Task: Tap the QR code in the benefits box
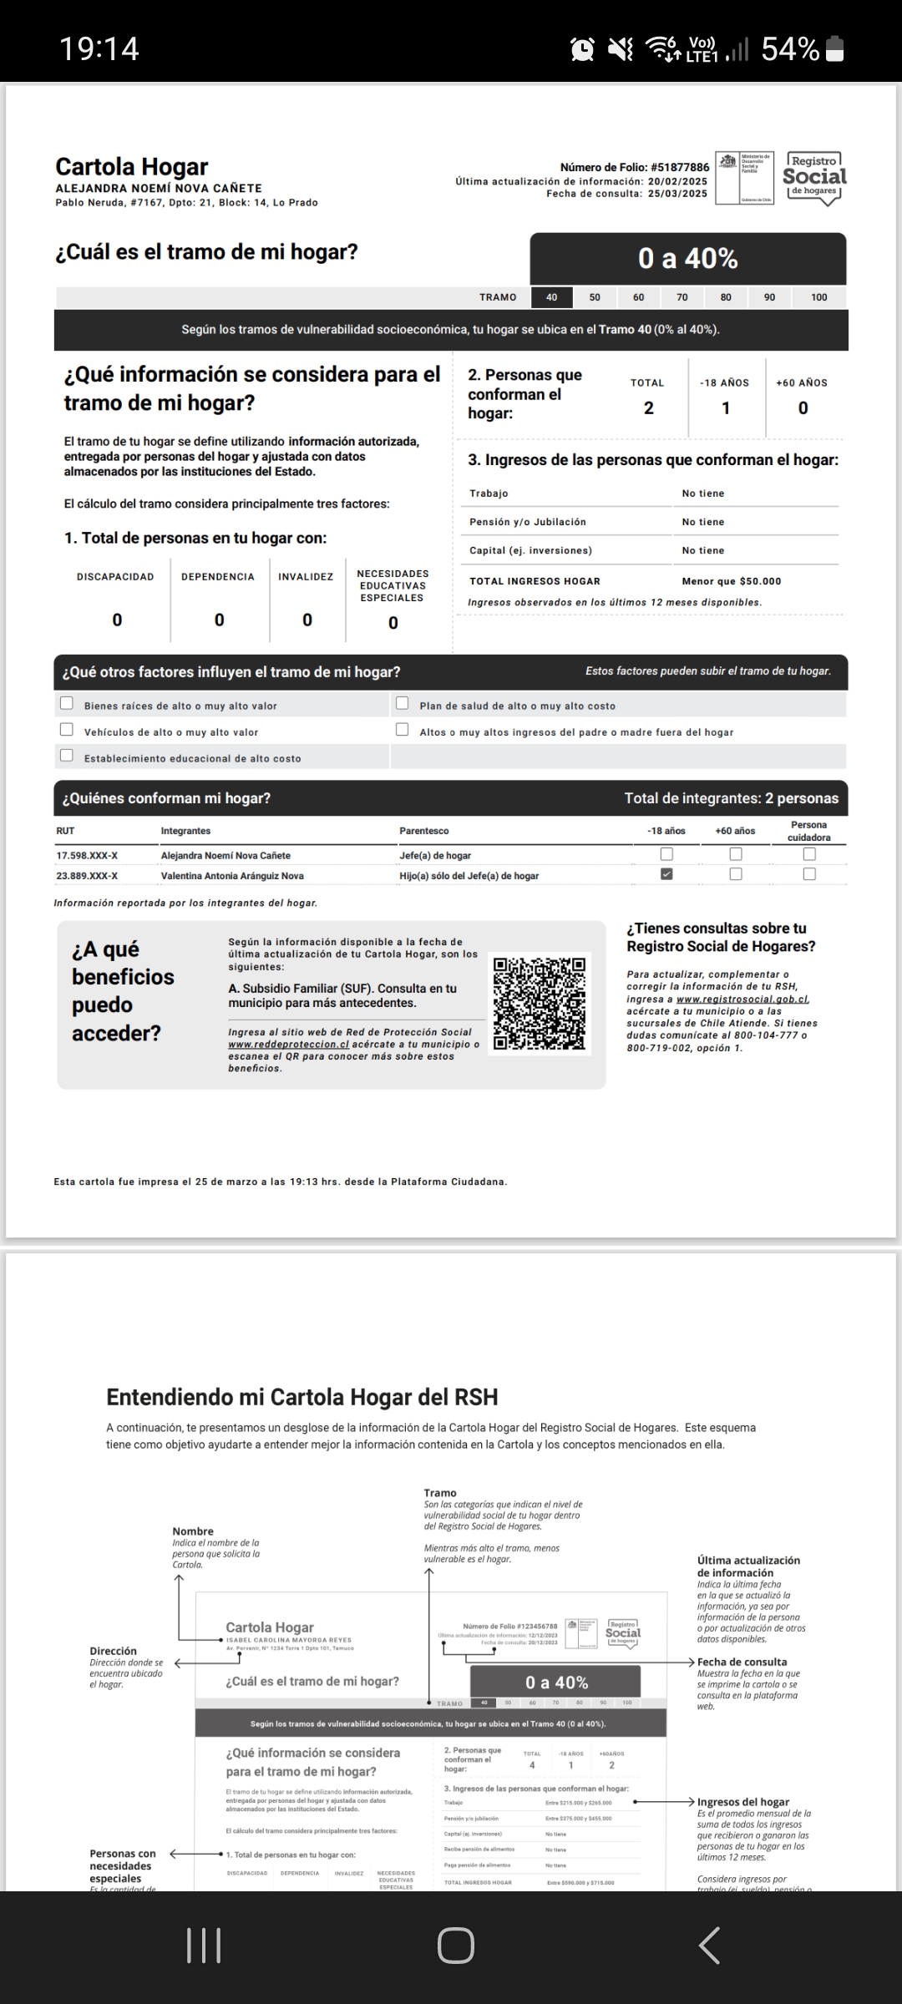tap(540, 1003)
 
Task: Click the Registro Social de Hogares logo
tap(813, 178)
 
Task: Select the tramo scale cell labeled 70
tap(682, 297)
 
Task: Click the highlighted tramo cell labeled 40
tap(552, 297)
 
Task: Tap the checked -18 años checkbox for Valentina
tap(666, 874)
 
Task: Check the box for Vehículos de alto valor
tap(67, 730)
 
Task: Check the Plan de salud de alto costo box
tap(402, 704)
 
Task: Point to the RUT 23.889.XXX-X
tap(87, 876)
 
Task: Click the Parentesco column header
tap(424, 831)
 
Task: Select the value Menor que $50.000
tap(732, 581)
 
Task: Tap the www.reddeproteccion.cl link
tap(288, 1044)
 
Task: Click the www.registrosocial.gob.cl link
tap(742, 999)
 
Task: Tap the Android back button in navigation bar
tap(710, 1945)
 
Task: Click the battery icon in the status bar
tap(834, 50)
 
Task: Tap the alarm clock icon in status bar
tap(582, 50)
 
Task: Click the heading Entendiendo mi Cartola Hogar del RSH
tap(302, 1397)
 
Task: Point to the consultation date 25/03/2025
tap(677, 194)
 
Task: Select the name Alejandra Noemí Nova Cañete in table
tap(225, 855)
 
